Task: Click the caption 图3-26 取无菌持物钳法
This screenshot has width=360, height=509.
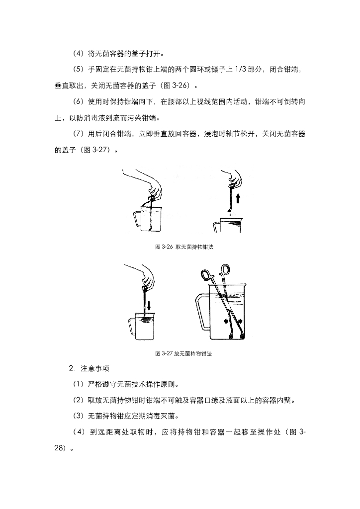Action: [x=184, y=247]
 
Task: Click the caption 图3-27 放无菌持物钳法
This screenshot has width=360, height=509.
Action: [x=184, y=353]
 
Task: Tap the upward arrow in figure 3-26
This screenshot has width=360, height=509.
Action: [x=238, y=198]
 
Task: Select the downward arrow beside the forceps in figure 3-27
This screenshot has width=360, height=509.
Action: [x=149, y=306]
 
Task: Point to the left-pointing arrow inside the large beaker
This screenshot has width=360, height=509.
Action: [x=226, y=321]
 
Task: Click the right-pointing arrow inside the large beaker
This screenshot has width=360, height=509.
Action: [x=240, y=321]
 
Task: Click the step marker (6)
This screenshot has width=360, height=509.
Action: [x=78, y=101]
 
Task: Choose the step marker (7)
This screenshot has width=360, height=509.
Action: [x=78, y=134]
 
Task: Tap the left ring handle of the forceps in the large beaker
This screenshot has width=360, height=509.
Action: [x=205, y=274]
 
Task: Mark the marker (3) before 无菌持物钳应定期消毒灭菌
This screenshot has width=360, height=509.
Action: [x=78, y=416]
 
